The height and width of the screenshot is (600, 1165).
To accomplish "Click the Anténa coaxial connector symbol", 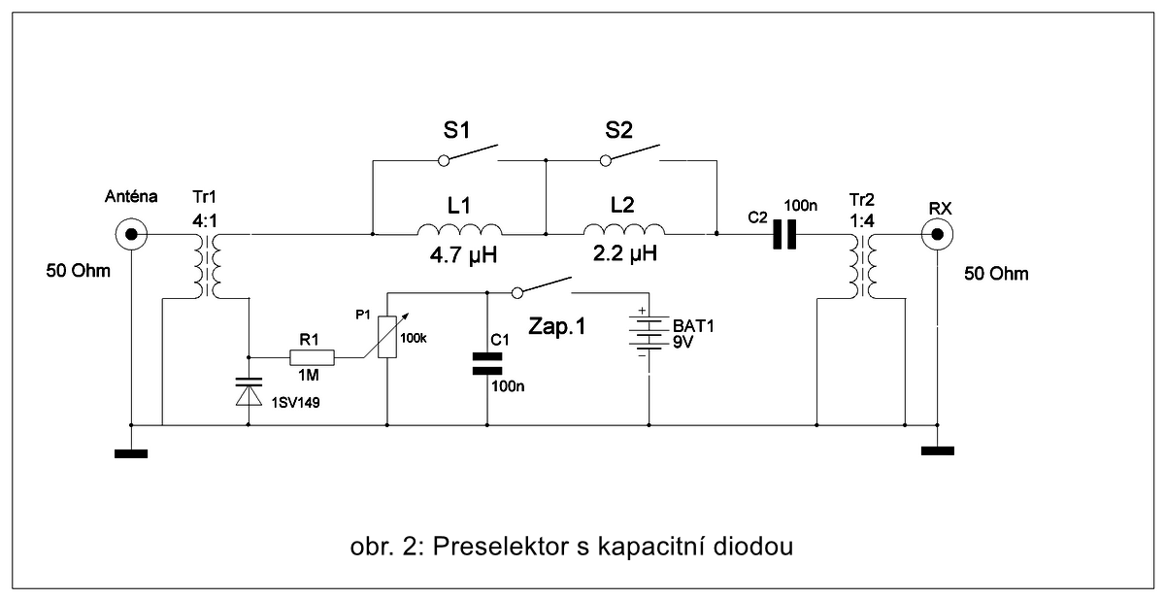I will pyautogui.click(x=130, y=234).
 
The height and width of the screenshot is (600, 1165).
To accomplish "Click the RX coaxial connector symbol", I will pyautogui.click(x=938, y=234).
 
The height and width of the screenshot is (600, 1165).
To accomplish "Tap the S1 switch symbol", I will pyautogui.click(x=470, y=153).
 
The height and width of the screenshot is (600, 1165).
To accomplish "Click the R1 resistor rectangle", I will pyautogui.click(x=313, y=358).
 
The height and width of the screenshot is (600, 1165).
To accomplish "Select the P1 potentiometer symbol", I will pyautogui.click(x=387, y=336).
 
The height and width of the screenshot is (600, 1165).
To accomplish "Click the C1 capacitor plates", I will pyautogui.click(x=487, y=363).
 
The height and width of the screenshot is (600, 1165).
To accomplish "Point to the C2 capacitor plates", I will pyautogui.click(x=784, y=234).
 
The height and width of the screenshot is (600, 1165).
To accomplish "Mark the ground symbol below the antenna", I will pyautogui.click(x=130, y=451).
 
